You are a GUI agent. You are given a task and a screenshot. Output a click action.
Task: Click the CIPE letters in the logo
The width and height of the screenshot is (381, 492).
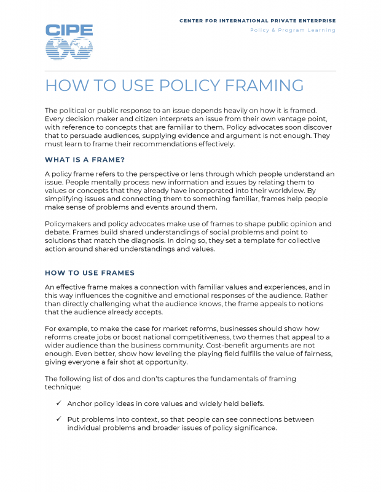(x=69, y=30)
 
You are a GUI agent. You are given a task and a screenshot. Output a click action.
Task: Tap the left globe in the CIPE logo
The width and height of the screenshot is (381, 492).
(x=58, y=49)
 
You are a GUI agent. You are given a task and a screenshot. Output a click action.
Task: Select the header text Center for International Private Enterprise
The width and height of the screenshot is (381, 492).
(x=257, y=20)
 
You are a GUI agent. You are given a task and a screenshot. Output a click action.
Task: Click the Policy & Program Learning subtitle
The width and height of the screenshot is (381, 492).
(x=293, y=30)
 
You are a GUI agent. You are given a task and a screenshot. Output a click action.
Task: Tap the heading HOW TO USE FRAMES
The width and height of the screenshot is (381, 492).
(x=90, y=272)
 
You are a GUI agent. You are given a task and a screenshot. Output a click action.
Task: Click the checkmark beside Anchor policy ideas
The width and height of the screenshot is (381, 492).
(x=58, y=403)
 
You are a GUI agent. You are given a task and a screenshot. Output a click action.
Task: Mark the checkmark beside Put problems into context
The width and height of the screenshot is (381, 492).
(x=58, y=419)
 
